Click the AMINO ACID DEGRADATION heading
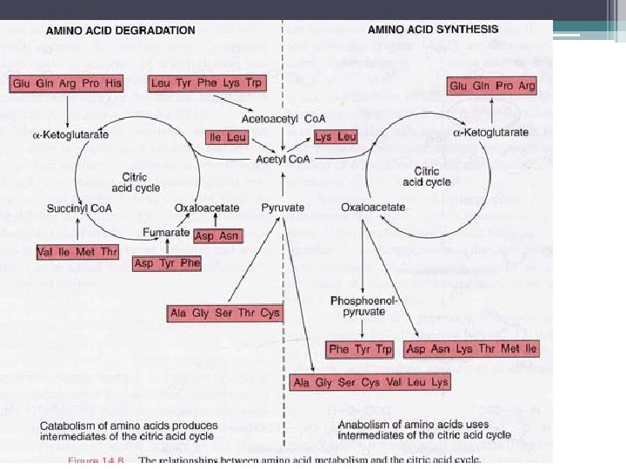point(121,30)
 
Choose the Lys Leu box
point(336,137)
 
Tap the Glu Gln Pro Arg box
point(490,85)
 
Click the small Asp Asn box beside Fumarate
point(216,236)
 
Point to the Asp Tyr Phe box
point(166,263)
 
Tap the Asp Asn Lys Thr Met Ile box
point(471,349)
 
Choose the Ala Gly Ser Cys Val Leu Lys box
point(371,382)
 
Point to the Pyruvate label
point(283,208)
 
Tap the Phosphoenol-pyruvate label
point(363,306)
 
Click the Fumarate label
point(167,232)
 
